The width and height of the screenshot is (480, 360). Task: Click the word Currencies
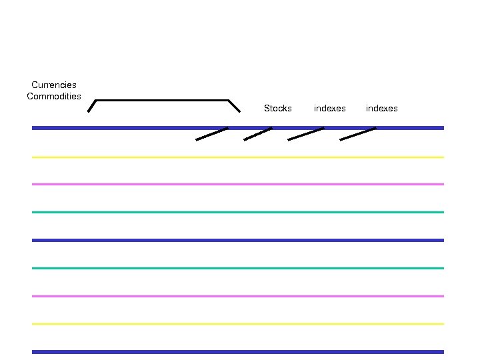54,85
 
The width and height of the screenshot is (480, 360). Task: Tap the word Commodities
54,96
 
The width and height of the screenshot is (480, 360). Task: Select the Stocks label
277,108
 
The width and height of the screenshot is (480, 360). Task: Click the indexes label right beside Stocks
329,108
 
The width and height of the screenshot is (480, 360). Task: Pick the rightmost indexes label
381,108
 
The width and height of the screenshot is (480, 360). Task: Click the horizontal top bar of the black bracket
162,101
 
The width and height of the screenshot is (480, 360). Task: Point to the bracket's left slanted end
92,106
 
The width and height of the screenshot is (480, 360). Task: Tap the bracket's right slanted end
234,106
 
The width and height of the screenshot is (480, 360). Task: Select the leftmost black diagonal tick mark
212,134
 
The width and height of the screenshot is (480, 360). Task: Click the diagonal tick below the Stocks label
258,134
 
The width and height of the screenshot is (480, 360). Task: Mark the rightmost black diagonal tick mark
358,134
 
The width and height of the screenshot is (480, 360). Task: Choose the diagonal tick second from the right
305,134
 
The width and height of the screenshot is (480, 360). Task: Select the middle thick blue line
237,240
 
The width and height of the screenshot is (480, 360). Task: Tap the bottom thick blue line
237,351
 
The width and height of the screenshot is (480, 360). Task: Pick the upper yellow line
237,157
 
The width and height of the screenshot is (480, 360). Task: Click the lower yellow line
237,324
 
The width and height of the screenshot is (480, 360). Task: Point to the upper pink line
237,184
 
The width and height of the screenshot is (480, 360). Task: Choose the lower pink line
237,296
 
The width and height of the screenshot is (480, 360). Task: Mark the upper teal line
237,212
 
